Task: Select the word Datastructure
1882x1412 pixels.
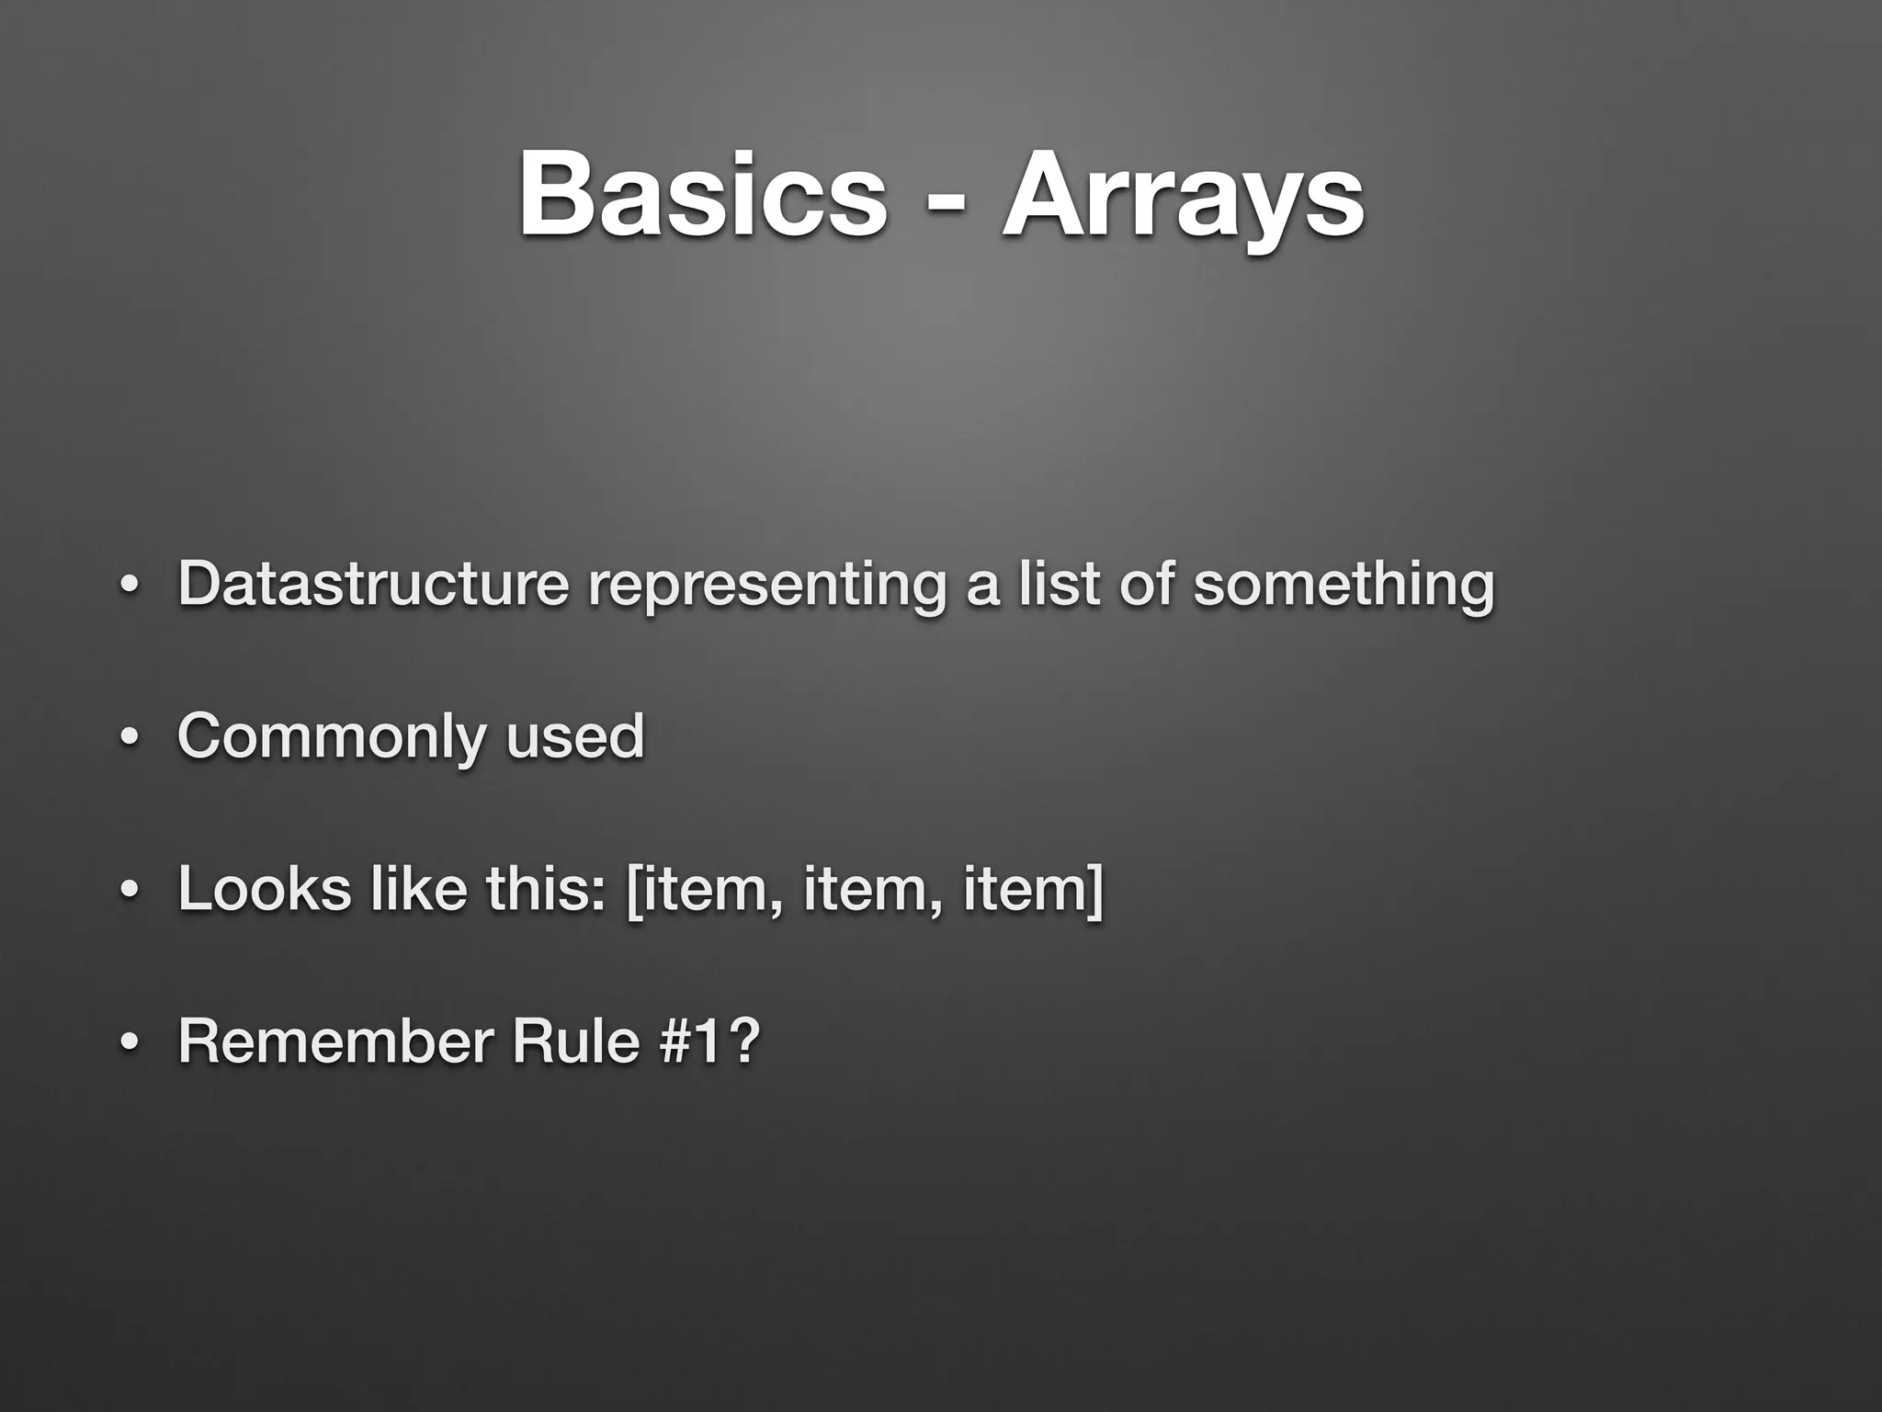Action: (x=373, y=584)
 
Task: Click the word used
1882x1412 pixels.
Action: (x=575, y=736)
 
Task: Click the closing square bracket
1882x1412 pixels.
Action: (x=1094, y=890)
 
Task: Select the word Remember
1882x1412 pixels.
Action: (x=335, y=1042)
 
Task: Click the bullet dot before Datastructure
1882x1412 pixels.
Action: (x=130, y=587)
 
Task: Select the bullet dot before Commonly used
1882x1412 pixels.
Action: (x=130, y=740)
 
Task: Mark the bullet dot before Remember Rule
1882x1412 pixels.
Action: (x=130, y=1045)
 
